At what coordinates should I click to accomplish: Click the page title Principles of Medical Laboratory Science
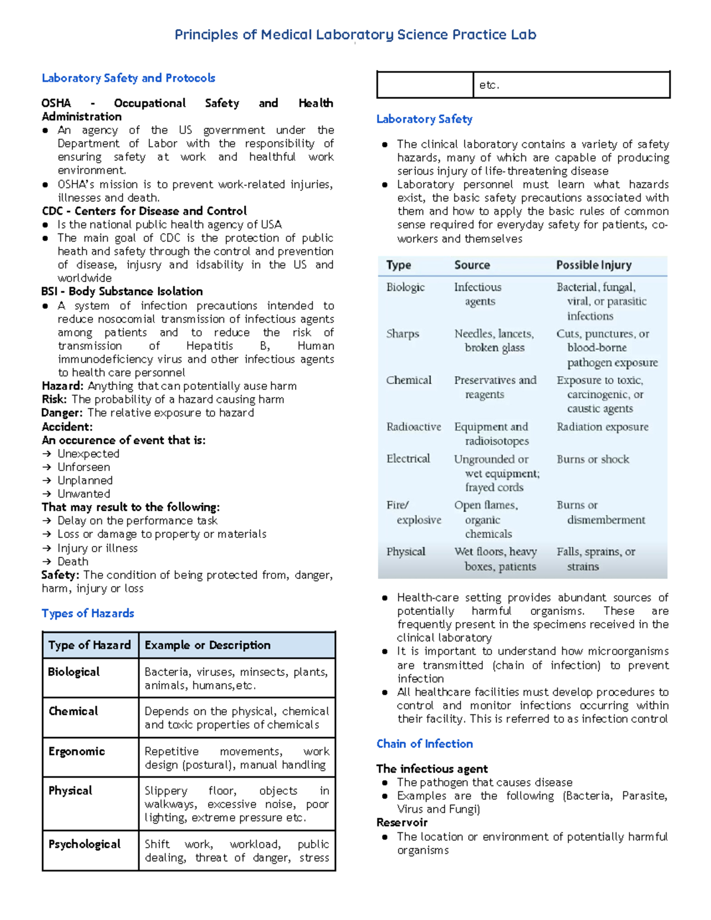coord(355,35)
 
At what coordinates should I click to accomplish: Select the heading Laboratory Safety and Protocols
coord(128,78)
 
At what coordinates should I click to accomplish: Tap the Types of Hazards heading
coord(88,613)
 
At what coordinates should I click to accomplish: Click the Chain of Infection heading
coord(424,743)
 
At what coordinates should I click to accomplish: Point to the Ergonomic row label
coord(76,751)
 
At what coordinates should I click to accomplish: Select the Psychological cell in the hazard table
coord(84,844)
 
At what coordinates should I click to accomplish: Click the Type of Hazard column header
coord(89,645)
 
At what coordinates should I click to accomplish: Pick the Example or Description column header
coord(207,645)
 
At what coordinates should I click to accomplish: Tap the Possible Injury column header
coord(594,265)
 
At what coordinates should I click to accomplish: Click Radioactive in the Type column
coord(414,427)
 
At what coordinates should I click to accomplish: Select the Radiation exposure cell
coord(602,427)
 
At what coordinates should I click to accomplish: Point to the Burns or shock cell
coord(592,459)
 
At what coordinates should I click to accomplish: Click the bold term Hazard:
coord(63,386)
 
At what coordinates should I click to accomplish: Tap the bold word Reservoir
coord(402,822)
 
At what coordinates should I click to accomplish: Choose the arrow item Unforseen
coord(84,467)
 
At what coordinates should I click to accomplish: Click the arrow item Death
coord(73,561)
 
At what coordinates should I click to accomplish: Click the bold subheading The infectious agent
coord(432,769)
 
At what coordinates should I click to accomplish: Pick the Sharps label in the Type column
coord(402,334)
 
